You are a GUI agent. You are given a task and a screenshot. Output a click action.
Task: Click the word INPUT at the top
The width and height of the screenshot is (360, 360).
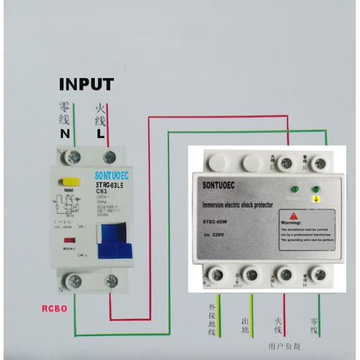pyautogui.click(x=86, y=83)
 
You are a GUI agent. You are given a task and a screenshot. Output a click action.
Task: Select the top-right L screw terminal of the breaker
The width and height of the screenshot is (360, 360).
pyautogui.click(x=109, y=157)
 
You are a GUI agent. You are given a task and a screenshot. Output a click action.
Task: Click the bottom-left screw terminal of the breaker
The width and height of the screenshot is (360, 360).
pyautogui.click(x=74, y=280)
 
